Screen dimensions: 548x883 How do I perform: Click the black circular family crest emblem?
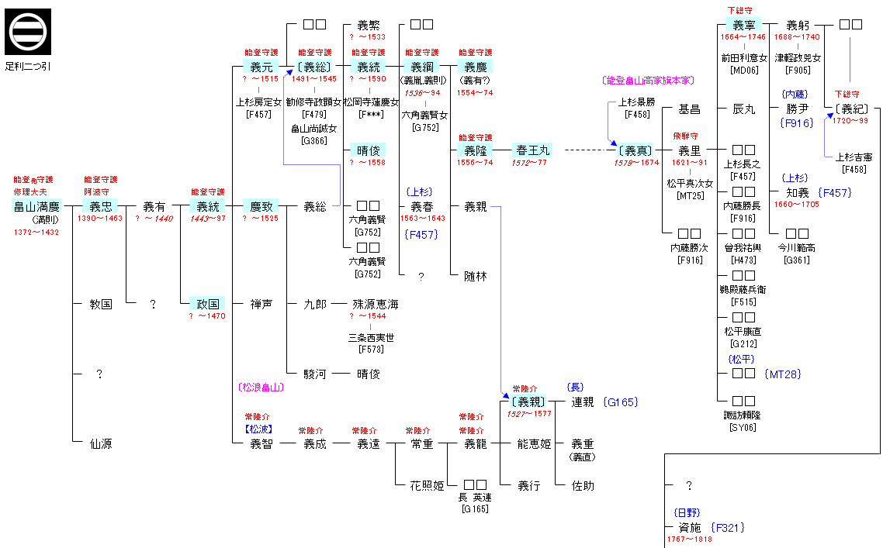pyautogui.click(x=28, y=32)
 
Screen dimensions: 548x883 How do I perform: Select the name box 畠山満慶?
pyautogui.click(x=36, y=207)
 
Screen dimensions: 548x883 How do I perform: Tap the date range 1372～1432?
pyautogui.click(x=36, y=233)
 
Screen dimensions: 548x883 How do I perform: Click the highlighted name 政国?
pyautogui.click(x=208, y=304)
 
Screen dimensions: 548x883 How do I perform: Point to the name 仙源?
pyautogui.click(x=101, y=443)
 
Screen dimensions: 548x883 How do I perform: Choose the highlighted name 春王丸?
pyautogui.click(x=532, y=150)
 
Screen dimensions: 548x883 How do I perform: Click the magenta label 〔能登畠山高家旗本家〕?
pyautogui.click(x=647, y=81)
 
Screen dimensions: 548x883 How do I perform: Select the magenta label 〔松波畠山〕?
pyautogui.click(x=260, y=387)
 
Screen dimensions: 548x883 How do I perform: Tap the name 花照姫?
pyautogui.click(x=427, y=486)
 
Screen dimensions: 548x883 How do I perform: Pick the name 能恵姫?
pyautogui.click(x=534, y=444)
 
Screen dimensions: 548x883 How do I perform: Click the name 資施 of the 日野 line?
pyautogui.click(x=689, y=528)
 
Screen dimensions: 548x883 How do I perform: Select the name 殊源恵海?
pyautogui.click(x=376, y=305)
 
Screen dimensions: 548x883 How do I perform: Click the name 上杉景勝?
pyautogui.click(x=636, y=102)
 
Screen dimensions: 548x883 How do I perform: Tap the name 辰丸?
pyautogui.click(x=743, y=109)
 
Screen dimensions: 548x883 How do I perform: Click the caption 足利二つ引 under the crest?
pyautogui.click(x=28, y=66)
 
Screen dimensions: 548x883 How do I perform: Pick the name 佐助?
pyautogui.click(x=582, y=486)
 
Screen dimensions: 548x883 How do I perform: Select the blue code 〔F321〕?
pyautogui.click(x=727, y=528)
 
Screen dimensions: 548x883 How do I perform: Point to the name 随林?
pyautogui.click(x=475, y=276)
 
